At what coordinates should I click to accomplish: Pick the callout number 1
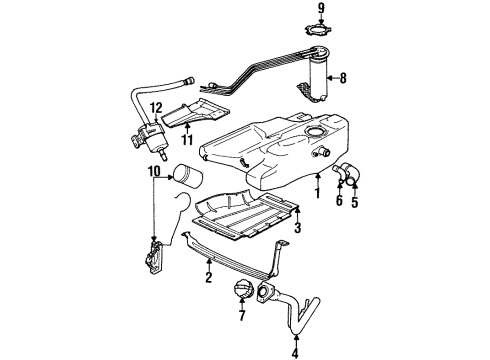318,188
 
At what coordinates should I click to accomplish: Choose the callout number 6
339,201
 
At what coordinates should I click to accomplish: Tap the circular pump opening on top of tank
312,135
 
